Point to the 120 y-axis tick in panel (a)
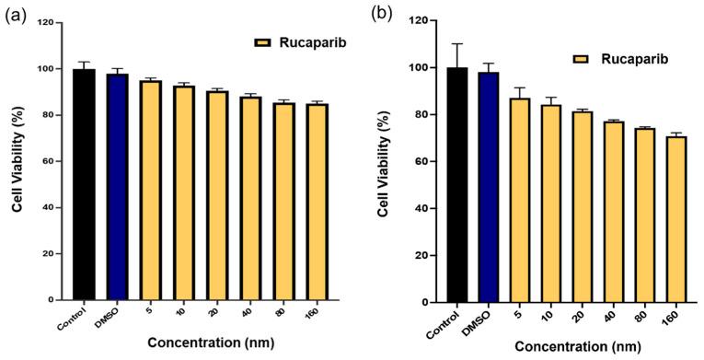[x=43, y=22]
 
